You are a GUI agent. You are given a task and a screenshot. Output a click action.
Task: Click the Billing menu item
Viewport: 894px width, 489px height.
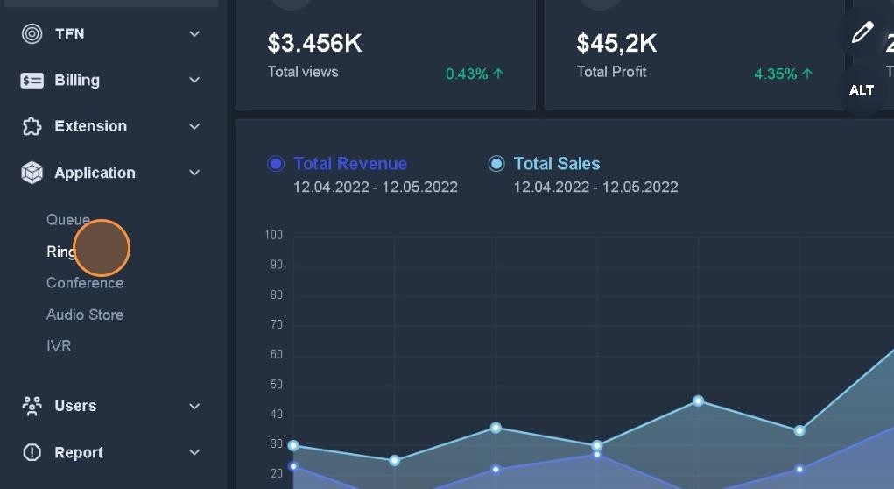(77, 81)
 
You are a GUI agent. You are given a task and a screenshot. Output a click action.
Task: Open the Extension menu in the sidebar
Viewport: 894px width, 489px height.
(90, 126)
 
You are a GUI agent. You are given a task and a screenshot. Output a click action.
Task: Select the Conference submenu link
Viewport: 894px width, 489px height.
(85, 283)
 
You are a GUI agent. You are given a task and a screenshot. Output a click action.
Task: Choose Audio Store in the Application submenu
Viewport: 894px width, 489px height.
(85, 315)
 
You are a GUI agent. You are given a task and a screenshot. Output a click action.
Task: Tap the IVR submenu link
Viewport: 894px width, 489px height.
(59, 346)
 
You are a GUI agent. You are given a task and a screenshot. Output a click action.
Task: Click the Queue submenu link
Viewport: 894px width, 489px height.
(67, 219)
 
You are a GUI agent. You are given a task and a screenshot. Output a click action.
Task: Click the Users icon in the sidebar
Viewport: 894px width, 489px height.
(32, 406)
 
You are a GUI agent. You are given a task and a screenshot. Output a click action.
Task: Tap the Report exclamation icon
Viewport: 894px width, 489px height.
(32, 452)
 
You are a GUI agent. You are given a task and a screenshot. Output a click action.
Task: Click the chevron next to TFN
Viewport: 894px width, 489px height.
(194, 34)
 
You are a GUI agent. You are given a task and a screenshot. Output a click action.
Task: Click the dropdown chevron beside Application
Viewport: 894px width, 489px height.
(194, 173)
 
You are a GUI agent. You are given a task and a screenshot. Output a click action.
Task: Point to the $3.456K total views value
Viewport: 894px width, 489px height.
(314, 43)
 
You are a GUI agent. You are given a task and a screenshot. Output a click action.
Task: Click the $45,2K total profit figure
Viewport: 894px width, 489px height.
(616, 43)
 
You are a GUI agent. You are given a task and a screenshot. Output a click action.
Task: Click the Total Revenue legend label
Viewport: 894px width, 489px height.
(350, 164)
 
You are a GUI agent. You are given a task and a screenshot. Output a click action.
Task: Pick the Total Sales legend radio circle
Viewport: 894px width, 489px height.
(496, 164)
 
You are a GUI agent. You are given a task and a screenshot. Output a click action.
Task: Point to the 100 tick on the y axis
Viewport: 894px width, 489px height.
(273, 235)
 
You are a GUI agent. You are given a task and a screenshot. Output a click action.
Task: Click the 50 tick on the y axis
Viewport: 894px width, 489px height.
(276, 385)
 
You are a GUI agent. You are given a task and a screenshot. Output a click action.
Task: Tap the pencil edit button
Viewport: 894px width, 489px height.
(862, 33)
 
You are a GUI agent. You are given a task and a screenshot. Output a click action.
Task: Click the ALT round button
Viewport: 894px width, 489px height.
(862, 89)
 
